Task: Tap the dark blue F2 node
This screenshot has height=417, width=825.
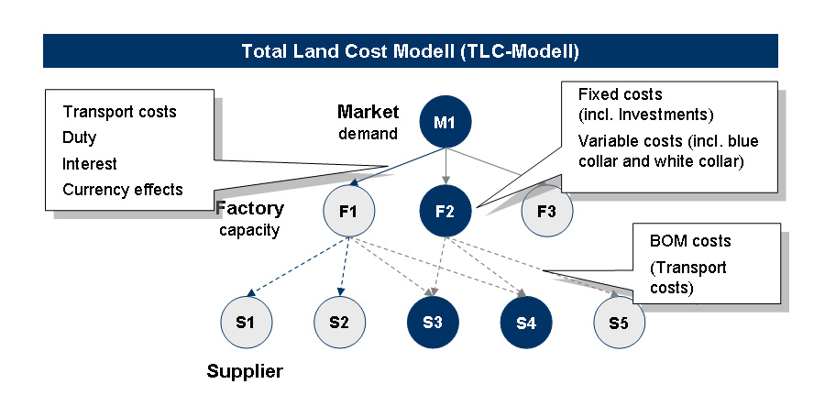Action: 445,213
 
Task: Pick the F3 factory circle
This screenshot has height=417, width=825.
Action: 546,213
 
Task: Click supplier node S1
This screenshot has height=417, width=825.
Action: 246,323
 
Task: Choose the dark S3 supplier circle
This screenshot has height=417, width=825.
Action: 434,323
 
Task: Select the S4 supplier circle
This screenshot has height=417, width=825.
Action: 526,323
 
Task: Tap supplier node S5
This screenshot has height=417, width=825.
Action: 619,323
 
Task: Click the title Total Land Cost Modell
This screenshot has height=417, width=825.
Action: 410,50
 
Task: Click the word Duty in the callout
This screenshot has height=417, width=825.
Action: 80,138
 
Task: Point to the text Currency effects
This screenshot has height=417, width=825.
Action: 123,191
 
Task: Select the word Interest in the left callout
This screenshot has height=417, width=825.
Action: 90,164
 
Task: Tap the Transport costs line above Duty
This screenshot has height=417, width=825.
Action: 119,112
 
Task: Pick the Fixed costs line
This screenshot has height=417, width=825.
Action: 620,94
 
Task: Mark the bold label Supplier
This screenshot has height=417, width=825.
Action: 245,371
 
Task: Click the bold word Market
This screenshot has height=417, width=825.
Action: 368,113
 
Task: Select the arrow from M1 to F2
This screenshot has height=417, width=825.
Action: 445,167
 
